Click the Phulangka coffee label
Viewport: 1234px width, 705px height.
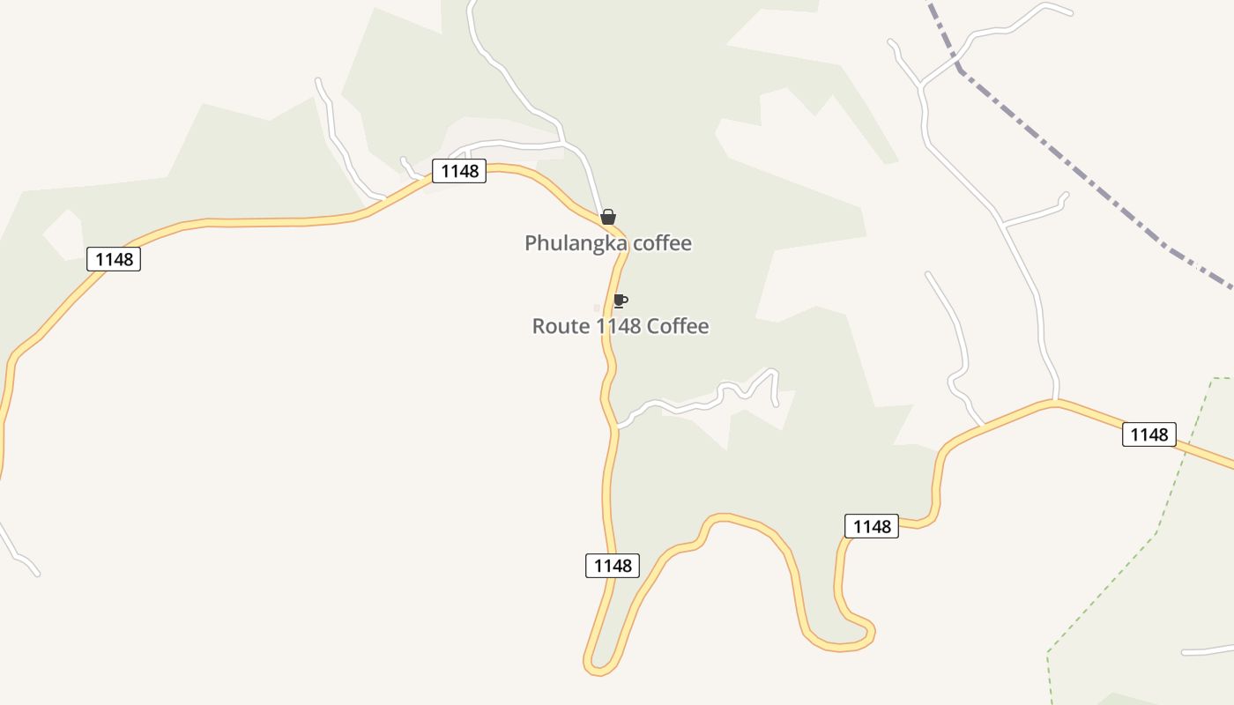(x=608, y=243)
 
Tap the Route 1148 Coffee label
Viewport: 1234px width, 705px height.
(x=621, y=326)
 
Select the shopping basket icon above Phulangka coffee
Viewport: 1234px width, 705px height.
(x=607, y=217)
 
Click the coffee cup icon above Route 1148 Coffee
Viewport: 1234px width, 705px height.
(x=620, y=301)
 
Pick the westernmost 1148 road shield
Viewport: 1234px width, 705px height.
(x=114, y=259)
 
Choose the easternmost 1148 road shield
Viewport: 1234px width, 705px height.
(x=1149, y=434)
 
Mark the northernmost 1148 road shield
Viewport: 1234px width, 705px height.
(x=459, y=171)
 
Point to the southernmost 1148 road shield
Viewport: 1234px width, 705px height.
(x=613, y=566)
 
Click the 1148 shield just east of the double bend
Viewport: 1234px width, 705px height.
(x=872, y=526)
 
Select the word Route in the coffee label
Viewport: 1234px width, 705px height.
(x=561, y=326)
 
